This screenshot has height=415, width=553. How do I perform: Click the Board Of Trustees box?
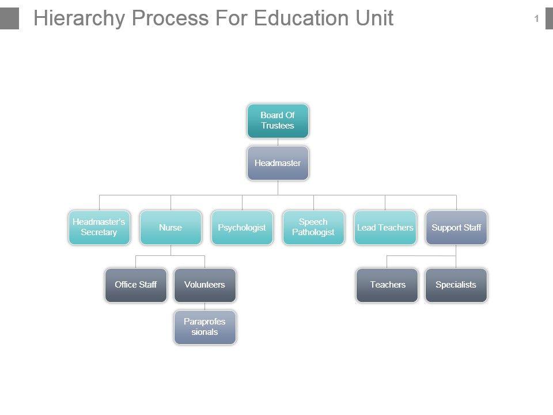pos(278,120)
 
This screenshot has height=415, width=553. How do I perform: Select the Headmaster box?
pos(278,163)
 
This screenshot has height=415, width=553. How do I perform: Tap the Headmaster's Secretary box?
pos(99,227)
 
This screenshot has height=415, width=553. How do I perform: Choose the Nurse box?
pos(171,227)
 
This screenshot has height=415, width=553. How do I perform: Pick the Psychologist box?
pos(242,227)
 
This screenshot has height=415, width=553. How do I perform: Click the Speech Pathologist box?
pos(313,227)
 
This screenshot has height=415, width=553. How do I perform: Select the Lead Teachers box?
pos(385,227)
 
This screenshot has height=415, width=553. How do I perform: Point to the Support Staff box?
pos(456,227)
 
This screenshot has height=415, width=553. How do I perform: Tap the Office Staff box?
pos(136,285)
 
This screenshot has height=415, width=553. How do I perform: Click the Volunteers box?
pos(204,285)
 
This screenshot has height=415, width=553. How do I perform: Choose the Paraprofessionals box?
pos(204,327)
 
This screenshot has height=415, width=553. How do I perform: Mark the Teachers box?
pos(387,285)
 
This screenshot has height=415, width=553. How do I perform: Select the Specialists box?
pos(456,285)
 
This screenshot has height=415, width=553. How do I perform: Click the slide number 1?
pos(536,19)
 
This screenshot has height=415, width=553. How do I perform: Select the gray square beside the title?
pos(9,18)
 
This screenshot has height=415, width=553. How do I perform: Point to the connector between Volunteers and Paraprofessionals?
pos(204,306)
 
